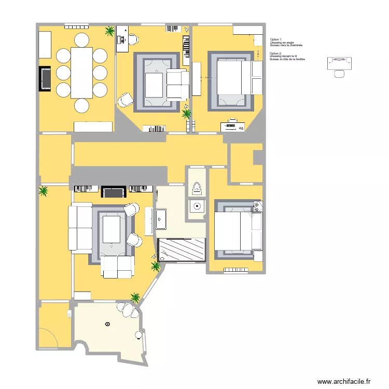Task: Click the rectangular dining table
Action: click(81, 72)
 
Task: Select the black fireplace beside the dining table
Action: click(45, 78)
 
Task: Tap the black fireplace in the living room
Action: click(114, 192)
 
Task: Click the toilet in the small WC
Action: click(197, 189)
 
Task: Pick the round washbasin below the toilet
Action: click(197, 207)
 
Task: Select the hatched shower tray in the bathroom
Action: click(182, 248)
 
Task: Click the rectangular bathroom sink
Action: click(160, 219)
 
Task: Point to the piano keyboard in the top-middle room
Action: click(186, 47)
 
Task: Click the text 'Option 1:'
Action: click(275, 39)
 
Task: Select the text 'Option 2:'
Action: click(275, 53)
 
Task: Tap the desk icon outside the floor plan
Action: click(339, 63)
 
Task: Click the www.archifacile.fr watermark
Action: click(344, 381)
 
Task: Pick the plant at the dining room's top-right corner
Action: click(109, 32)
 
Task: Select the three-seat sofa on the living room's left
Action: click(80, 228)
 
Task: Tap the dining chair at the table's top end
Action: click(82, 39)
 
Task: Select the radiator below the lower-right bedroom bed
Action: click(236, 270)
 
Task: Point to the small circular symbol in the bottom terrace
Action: click(107, 324)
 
